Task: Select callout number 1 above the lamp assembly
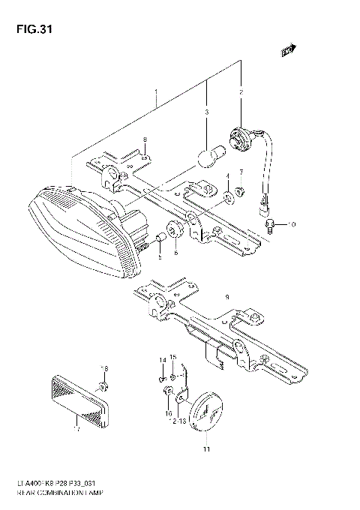[155, 96]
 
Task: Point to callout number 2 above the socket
[241, 92]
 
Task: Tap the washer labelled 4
[228, 198]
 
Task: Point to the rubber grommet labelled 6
[173, 230]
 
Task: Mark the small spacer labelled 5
[160, 239]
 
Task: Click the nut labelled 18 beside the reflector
[104, 385]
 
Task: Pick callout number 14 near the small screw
[160, 360]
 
